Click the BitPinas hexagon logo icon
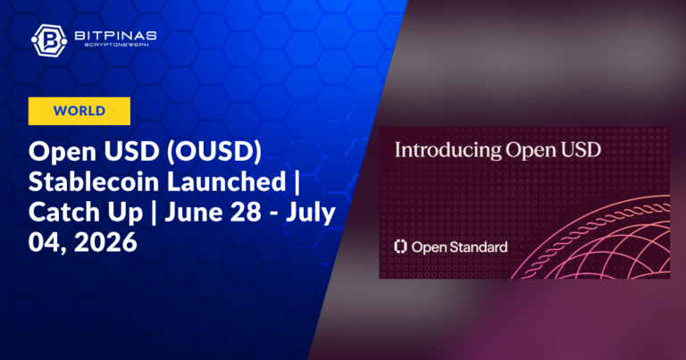tap(49, 41)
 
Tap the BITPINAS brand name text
tap(115, 36)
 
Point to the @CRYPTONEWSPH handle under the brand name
tap(116, 45)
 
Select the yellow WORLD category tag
tap(79, 111)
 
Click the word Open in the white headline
tap(63, 152)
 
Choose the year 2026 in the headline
tap(105, 242)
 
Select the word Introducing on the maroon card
tap(448, 151)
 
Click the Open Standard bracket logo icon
tap(400, 247)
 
